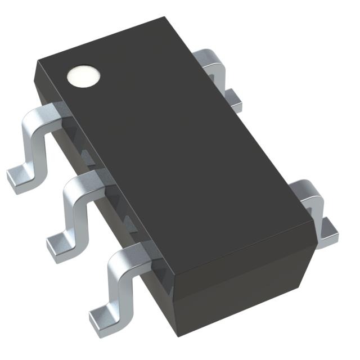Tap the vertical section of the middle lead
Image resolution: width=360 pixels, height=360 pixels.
[x=71, y=211]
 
